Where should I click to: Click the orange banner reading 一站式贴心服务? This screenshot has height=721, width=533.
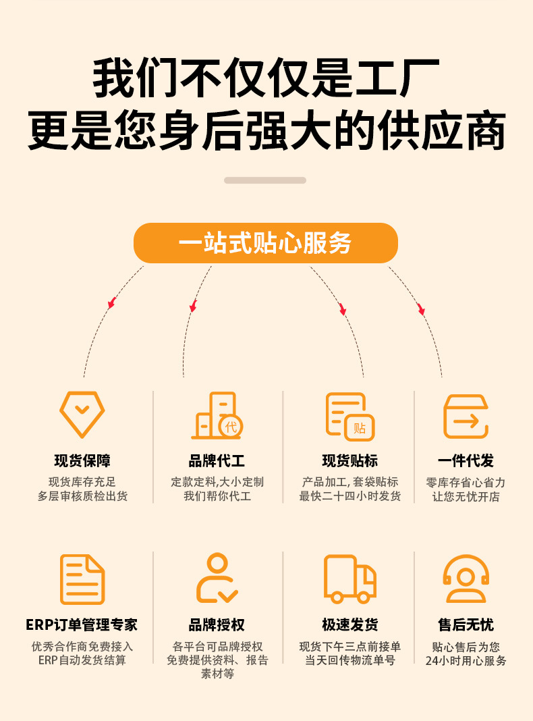tap(265, 243)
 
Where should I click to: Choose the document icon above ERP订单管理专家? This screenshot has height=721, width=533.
tap(82, 579)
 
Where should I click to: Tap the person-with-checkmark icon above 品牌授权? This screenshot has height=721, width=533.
tap(217, 579)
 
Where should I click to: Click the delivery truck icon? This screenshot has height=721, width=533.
tap(349, 579)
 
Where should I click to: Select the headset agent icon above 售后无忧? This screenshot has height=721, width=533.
tap(466, 579)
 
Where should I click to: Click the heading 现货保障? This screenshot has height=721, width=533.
tap(82, 461)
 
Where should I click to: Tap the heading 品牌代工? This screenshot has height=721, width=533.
tap(217, 461)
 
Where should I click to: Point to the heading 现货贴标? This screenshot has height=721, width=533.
tap(349, 461)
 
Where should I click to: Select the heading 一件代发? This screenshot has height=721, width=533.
tap(466, 461)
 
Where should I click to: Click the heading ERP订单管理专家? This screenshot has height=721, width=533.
tap(82, 625)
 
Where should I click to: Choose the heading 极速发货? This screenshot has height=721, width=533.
tap(349, 625)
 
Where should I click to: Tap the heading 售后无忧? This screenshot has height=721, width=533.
tap(466, 625)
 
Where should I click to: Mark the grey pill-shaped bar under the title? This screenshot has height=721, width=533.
tap(265, 180)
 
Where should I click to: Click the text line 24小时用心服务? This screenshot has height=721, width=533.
tap(466, 661)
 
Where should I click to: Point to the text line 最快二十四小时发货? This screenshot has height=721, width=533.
tap(349, 497)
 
